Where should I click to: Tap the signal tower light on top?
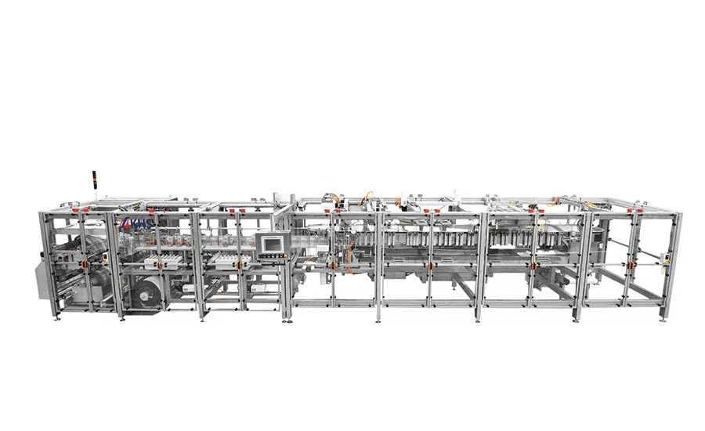[88, 181]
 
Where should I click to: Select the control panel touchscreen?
[272, 242]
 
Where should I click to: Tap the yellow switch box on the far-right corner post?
[663, 252]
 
